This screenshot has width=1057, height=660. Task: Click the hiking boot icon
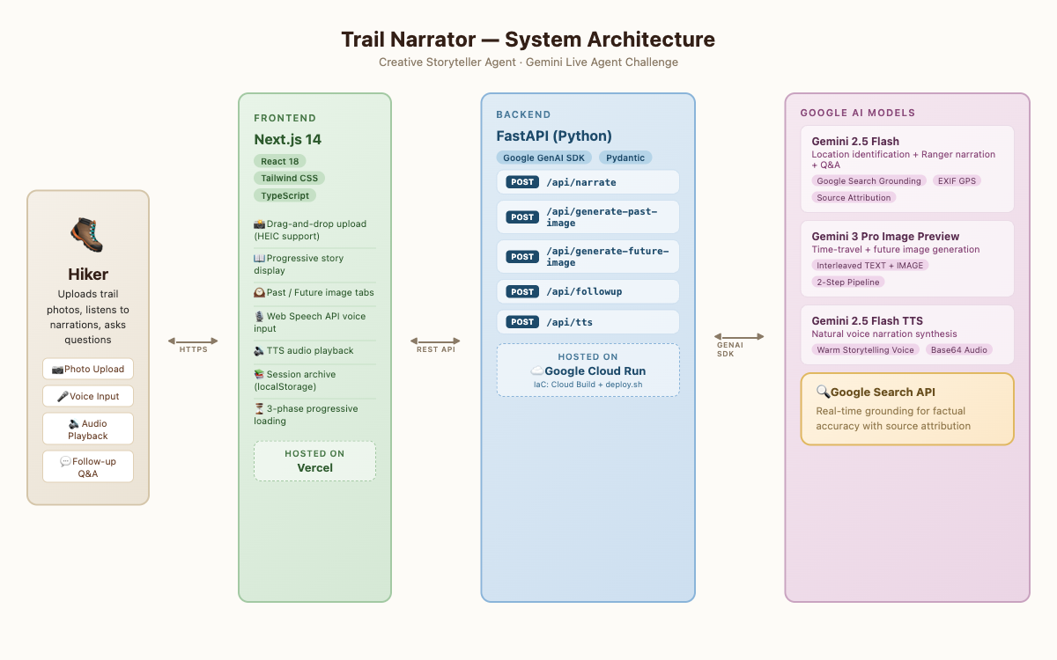pyautogui.click(x=87, y=234)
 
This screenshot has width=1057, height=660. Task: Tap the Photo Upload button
pyautogui.click(x=88, y=369)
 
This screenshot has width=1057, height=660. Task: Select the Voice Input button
pyautogui.click(x=88, y=396)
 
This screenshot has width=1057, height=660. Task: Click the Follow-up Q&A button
pyautogui.click(x=88, y=466)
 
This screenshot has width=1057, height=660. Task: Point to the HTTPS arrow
pyautogui.click(x=193, y=341)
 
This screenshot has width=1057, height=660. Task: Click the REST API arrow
pyautogui.click(x=435, y=341)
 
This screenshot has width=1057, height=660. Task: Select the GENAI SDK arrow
pyautogui.click(x=739, y=336)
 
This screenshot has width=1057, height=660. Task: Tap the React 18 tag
pyautogui.click(x=280, y=161)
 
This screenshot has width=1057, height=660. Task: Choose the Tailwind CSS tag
pyautogui.click(x=289, y=178)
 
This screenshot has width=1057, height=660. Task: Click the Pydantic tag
pyautogui.click(x=625, y=158)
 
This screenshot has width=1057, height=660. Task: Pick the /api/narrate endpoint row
pyautogui.click(x=588, y=182)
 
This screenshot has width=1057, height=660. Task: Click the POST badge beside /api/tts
pyautogui.click(x=521, y=322)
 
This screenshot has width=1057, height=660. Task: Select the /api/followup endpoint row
pyautogui.click(x=588, y=291)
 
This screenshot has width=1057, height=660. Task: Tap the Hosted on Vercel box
pyautogui.click(x=314, y=461)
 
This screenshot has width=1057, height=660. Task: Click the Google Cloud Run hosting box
pyautogui.click(x=588, y=370)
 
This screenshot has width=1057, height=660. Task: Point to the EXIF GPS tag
pyautogui.click(x=957, y=181)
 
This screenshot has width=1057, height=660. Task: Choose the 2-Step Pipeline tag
pyautogui.click(x=848, y=282)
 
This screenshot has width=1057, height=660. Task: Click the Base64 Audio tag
pyautogui.click(x=959, y=350)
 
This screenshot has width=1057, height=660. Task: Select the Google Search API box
pyautogui.click(x=907, y=408)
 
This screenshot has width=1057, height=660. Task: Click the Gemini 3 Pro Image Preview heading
pyautogui.click(x=885, y=236)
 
